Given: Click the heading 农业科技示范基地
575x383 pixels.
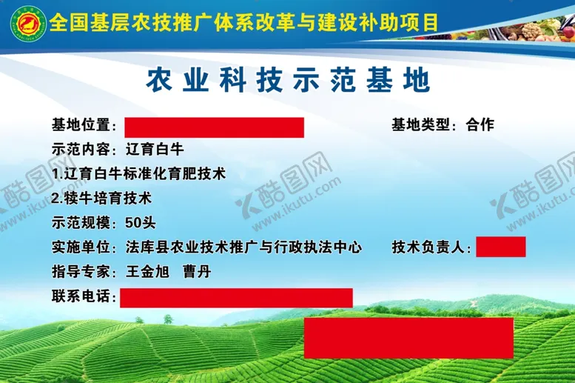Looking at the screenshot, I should (288, 81).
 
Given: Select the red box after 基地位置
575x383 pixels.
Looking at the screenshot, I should (214, 127).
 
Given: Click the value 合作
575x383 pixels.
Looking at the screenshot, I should (480, 125).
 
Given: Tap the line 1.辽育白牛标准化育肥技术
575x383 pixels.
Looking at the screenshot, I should (139, 174).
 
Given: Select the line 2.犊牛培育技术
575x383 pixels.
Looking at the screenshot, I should (102, 199).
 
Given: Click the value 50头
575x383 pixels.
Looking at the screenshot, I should (141, 223).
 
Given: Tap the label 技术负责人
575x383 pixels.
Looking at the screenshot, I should (431, 247).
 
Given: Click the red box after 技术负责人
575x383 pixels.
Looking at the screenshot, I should (500, 247).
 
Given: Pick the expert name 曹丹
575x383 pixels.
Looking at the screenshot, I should (198, 272).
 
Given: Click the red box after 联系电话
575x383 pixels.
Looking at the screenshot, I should (236, 297).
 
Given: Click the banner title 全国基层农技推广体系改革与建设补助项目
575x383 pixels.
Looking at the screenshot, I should (244, 22).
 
